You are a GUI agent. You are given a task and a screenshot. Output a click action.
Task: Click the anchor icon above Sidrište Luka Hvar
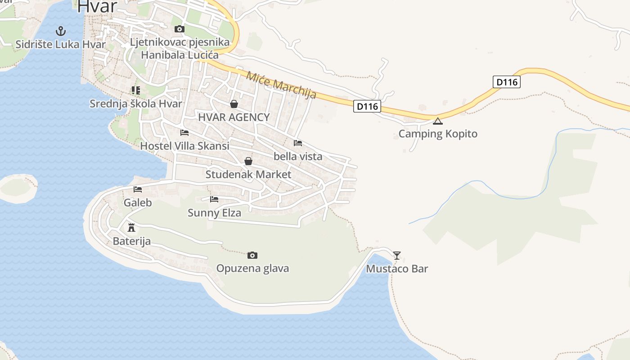tap(60, 31)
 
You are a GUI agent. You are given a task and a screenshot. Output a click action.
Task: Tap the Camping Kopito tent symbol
tap(438, 121)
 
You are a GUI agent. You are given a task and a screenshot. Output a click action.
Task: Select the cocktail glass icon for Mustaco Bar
tap(396, 256)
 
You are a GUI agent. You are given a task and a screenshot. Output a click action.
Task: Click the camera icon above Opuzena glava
tap(252, 256)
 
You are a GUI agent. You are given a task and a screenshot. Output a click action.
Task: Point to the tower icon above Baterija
tap(131, 227)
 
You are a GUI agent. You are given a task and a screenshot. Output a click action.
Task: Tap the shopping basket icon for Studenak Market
tap(248, 161)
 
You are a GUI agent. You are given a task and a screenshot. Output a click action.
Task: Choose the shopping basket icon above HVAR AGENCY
tap(234, 104)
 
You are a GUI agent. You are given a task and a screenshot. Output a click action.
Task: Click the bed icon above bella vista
tap(297, 143)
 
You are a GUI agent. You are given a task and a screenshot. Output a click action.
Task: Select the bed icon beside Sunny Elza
tap(214, 199)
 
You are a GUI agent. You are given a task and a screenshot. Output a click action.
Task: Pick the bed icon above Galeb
tap(138, 189)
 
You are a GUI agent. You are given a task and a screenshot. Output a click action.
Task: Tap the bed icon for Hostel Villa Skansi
tap(184, 133)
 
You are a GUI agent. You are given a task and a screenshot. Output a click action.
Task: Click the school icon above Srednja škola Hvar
tap(135, 90)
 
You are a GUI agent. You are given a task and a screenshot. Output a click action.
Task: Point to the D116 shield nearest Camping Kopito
tap(367, 106)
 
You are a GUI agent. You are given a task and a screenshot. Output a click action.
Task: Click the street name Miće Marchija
tap(281, 85)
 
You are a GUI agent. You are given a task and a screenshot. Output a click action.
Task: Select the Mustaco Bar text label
tap(396, 269)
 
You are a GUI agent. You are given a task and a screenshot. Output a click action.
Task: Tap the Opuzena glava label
tap(252, 269)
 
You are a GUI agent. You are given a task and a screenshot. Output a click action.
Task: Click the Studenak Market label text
tap(248, 174)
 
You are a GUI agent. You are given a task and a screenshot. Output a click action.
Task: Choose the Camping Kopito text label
tap(438, 134)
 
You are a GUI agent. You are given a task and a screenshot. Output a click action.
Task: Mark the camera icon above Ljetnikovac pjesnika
tap(179, 29)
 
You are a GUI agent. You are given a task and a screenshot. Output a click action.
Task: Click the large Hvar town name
tap(97, 6)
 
